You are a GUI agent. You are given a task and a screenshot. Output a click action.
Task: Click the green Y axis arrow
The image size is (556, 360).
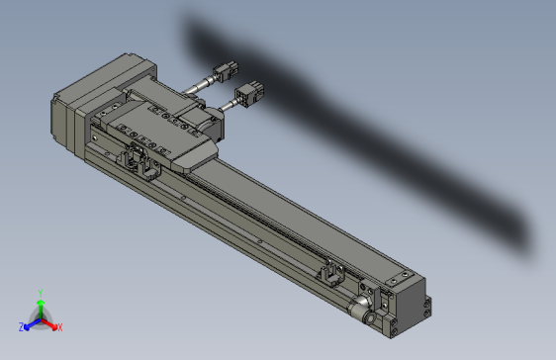(39, 304)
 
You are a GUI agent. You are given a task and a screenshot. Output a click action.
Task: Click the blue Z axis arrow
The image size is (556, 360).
(29, 323)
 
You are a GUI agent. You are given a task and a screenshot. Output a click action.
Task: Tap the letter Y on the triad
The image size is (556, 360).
(39, 292)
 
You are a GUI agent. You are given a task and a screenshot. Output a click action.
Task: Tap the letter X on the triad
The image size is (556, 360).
(58, 326)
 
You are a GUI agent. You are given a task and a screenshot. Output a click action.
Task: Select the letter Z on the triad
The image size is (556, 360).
(21, 326)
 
